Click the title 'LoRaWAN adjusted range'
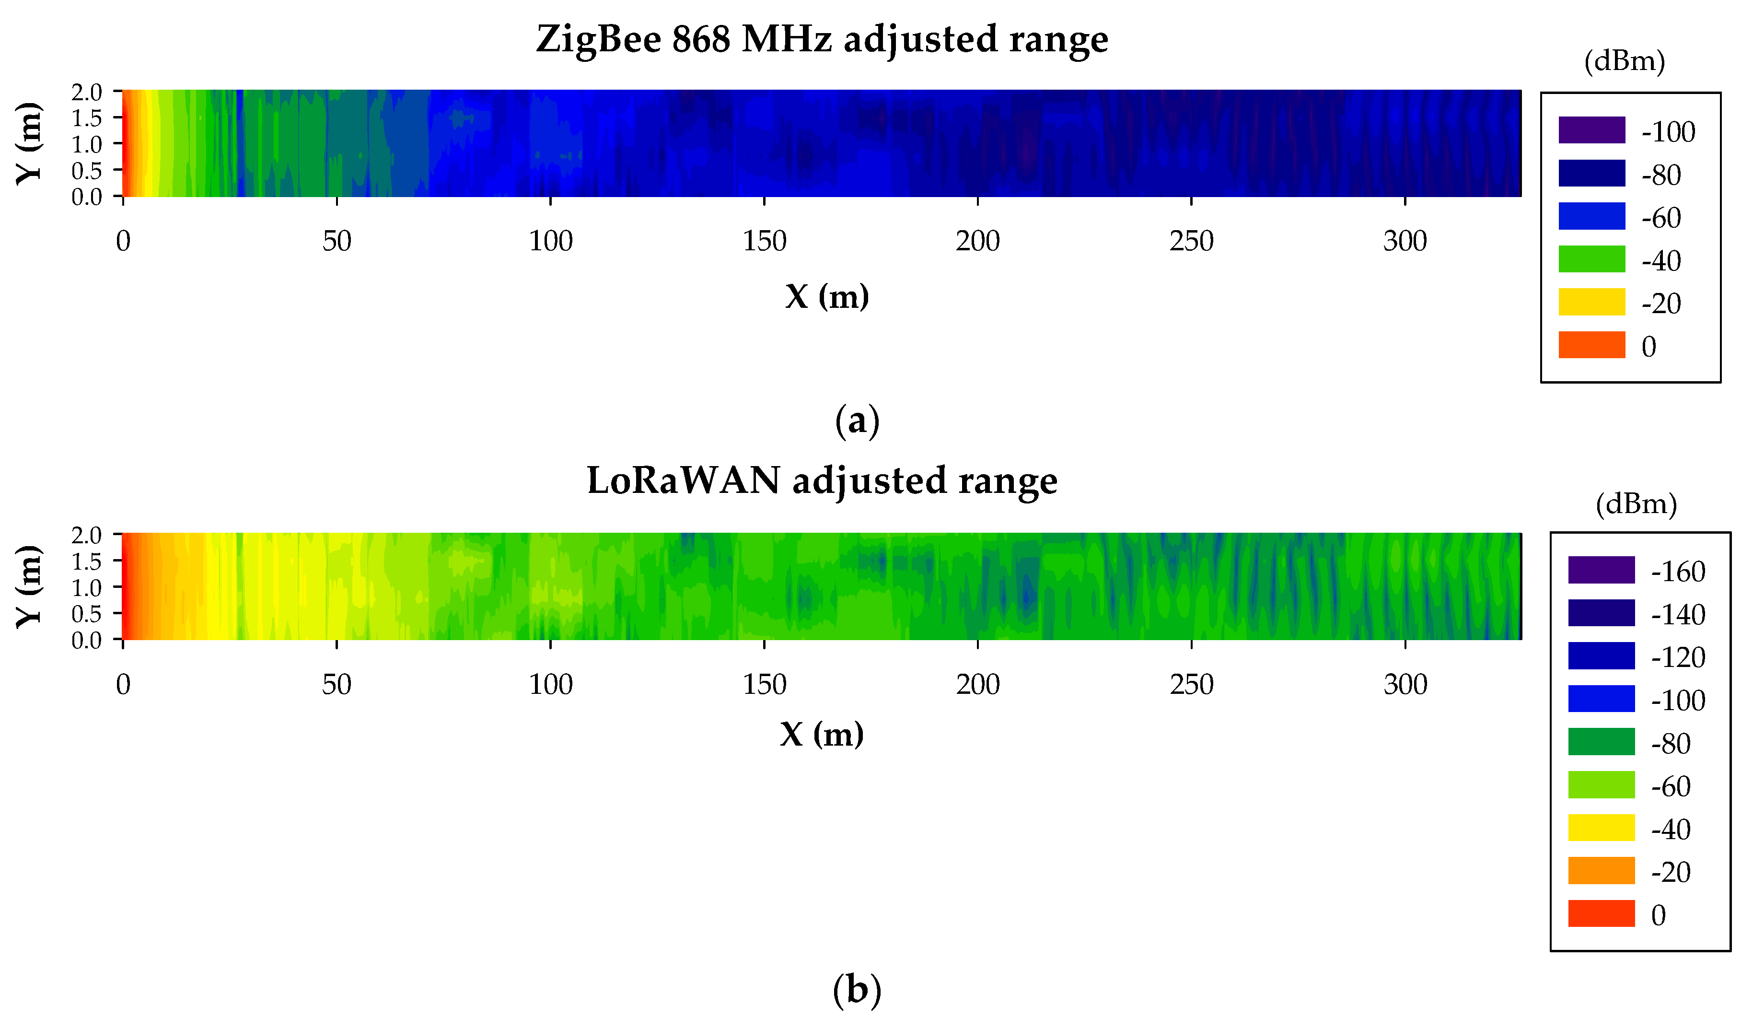click(x=822, y=481)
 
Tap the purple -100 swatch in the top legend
click(x=1591, y=130)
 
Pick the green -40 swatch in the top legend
click(x=1591, y=259)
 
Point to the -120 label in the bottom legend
click(x=1678, y=657)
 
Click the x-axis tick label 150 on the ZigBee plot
click(x=764, y=241)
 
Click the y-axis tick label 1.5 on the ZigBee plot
click(x=86, y=117)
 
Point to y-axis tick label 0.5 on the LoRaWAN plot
click(x=86, y=614)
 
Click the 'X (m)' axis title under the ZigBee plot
click(x=826, y=297)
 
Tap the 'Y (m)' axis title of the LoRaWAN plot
click(x=29, y=586)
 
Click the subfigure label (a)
click(x=857, y=421)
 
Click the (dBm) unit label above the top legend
click(x=1625, y=61)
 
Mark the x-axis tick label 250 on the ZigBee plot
click(x=1191, y=241)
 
